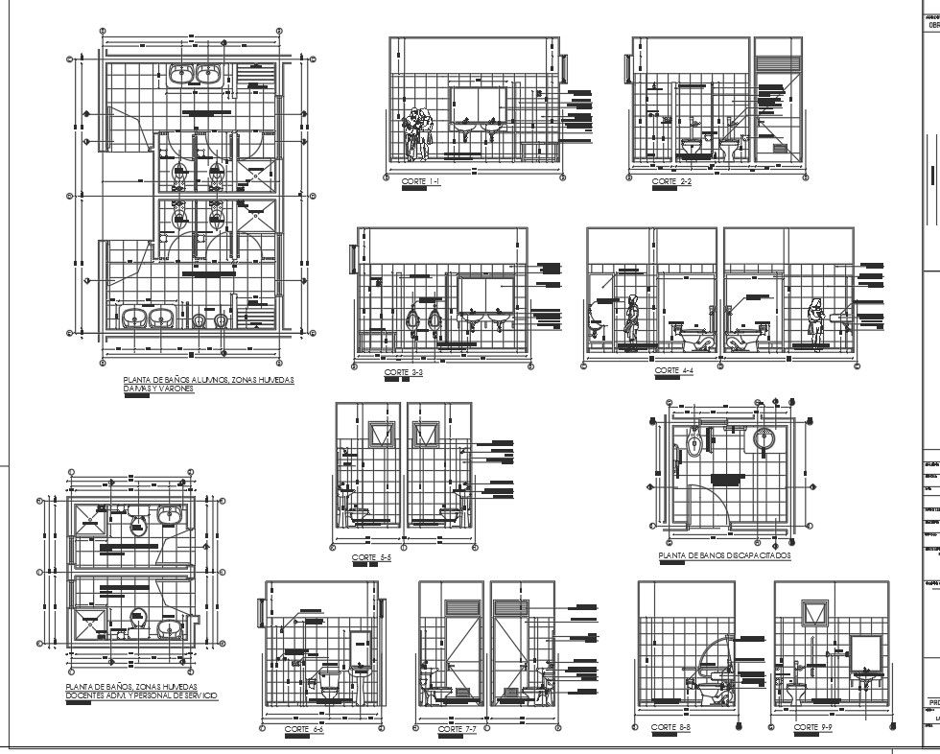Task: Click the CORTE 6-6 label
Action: [304, 730]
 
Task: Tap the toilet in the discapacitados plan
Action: [693, 442]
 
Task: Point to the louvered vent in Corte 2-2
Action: [778, 62]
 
